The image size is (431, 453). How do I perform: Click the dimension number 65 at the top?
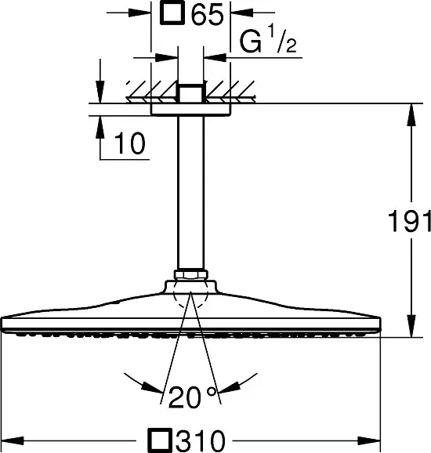(x=208, y=14)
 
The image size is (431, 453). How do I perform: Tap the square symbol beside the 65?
(x=172, y=12)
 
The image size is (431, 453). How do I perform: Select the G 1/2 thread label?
(x=268, y=39)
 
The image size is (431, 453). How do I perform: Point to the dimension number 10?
(x=130, y=143)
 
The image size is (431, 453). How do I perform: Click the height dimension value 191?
(x=409, y=221)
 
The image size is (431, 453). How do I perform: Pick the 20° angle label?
(x=192, y=397)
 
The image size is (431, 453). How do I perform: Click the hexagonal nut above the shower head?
(x=191, y=274)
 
